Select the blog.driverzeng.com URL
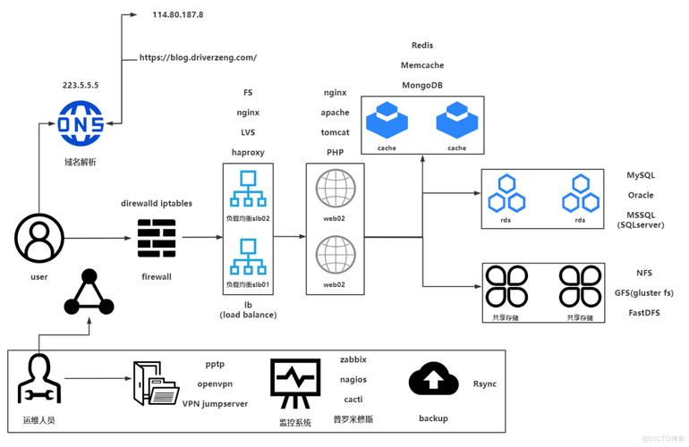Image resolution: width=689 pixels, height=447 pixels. click(198, 57)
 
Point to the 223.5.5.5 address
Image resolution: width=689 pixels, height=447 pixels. click(81, 87)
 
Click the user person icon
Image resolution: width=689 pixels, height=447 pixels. click(38, 238)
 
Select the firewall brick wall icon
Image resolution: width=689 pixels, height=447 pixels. click(157, 238)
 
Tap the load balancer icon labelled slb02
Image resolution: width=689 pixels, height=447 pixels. click(247, 191)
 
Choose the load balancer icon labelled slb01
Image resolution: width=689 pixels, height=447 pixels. click(247, 259)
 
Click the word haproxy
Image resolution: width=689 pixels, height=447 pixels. click(249, 152)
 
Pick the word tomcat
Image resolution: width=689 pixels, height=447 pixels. click(335, 132)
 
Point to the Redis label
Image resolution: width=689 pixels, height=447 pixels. click(421, 45)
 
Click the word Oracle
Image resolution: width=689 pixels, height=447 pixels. click(640, 195)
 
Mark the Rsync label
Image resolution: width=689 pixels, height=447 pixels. click(484, 384)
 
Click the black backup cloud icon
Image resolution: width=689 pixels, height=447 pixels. click(433, 380)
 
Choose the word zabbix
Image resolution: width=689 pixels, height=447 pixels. click(353, 359)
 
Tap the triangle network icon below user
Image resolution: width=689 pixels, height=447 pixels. click(89, 292)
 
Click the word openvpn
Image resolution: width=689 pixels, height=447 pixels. click(215, 384)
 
